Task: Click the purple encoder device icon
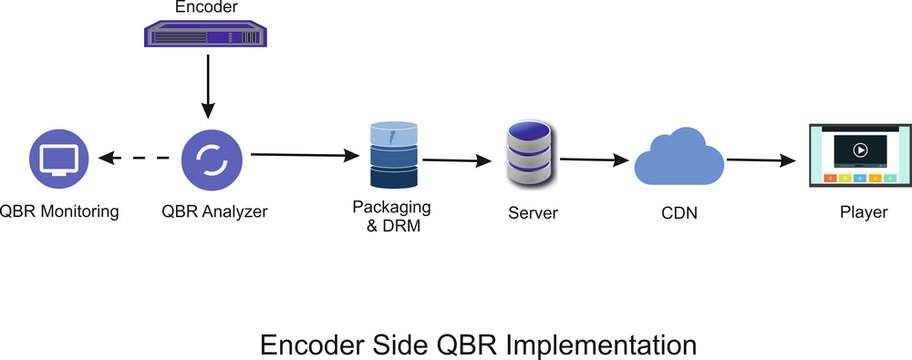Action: (205, 37)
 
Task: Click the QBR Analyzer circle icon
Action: (212, 158)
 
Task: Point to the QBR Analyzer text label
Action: (214, 211)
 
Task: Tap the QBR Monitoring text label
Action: (59, 211)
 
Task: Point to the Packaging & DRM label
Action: (391, 216)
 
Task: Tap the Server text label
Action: (533, 212)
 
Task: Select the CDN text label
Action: (679, 212)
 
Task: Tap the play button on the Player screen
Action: (858, 150)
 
